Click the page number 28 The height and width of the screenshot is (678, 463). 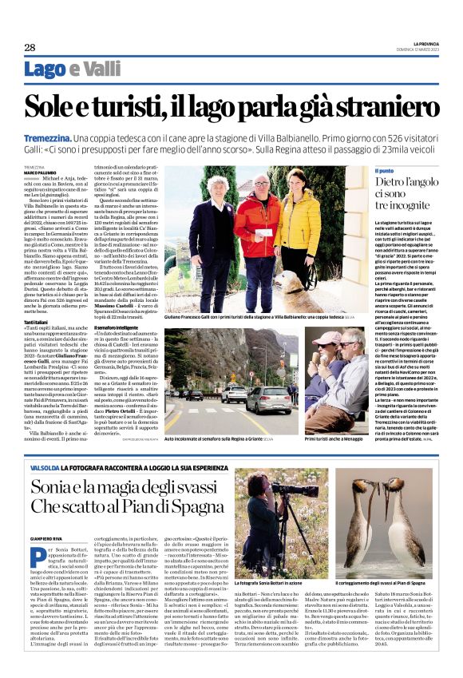point(30,47)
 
